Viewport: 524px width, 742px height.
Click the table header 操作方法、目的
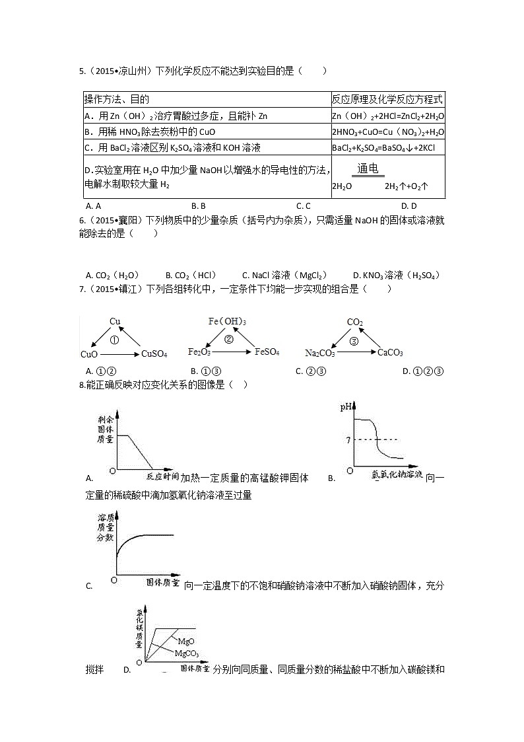point(116,100)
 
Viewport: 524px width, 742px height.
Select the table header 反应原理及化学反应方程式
point(387,100)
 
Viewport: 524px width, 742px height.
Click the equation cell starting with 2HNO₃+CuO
point(387,131)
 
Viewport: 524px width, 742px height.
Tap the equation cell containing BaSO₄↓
point(387,147)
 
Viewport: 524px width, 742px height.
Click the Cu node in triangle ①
point(115,322)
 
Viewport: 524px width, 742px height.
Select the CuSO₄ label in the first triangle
point(154,354)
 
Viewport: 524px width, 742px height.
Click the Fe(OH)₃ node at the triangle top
point(227,322)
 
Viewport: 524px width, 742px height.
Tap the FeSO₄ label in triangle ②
point(267,352)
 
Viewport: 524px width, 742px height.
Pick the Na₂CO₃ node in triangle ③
point(320,353)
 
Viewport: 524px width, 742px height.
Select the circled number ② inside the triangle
point(229,340)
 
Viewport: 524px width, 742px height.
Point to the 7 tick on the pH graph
point(347,439)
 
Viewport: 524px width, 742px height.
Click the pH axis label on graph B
point(346,407)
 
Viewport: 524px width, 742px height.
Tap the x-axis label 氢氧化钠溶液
point(396,474)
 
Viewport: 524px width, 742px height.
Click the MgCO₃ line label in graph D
point(186,653)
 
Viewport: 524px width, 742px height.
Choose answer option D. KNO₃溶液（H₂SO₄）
point(396,276)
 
